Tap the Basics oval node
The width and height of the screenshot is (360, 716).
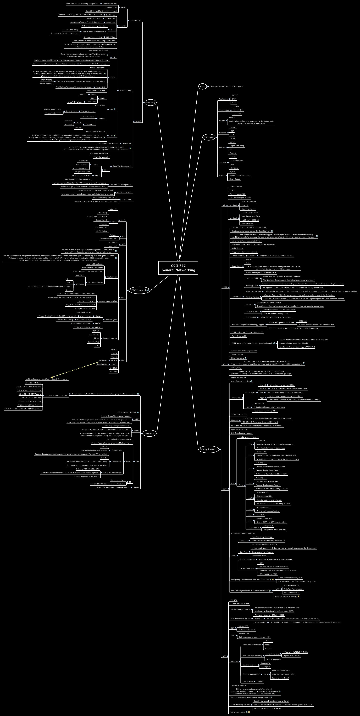(x=202, y=86)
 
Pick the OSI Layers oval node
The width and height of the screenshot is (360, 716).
(x=209, y=137)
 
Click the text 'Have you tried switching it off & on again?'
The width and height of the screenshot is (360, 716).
(x=227, y=86)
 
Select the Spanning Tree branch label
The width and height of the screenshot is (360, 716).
(x=135, y=20)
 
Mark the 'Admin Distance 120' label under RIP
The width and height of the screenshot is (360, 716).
(x=237, y=194)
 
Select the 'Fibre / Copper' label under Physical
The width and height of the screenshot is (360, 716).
(x=235, y=179)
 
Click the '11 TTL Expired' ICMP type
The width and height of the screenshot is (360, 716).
(x=102, y=231)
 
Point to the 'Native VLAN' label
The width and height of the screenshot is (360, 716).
(x=101, y=87)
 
